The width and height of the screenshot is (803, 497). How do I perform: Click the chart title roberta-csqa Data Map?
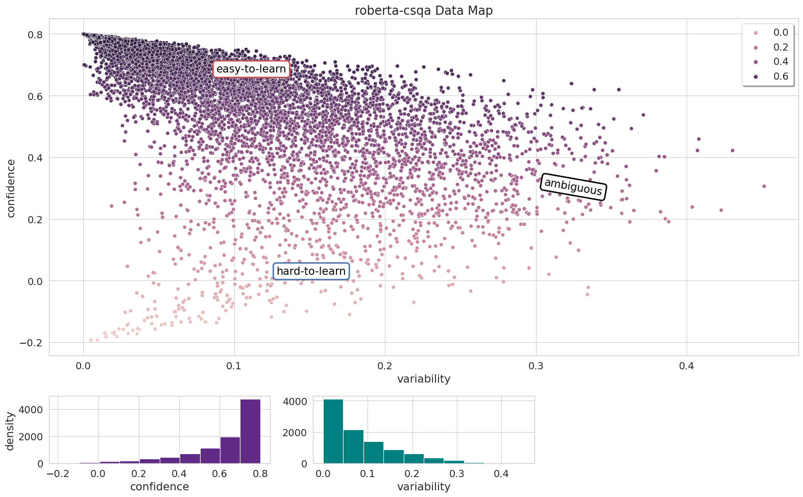pos(424,11)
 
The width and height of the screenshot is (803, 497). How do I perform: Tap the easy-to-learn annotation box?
pos(251,69)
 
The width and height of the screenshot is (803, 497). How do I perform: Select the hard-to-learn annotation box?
pos(311,271)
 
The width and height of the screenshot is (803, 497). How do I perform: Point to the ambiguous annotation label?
pos(573,187)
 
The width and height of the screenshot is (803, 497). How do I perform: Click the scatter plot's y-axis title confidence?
pos(11,188)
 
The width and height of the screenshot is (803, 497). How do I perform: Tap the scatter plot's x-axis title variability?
pos(424,379)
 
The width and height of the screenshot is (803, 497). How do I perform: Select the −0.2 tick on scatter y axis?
pos(31,343)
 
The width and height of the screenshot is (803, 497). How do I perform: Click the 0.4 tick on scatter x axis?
pos(687,366)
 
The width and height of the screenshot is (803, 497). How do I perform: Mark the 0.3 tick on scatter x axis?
pos(536,366)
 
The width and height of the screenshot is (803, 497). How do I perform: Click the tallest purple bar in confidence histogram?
pos(250,432)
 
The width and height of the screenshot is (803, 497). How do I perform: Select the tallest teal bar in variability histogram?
pos(333,432)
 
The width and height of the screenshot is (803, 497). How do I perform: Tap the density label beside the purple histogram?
pos(10,431)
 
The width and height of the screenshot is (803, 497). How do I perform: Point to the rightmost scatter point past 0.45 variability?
pos(764,186)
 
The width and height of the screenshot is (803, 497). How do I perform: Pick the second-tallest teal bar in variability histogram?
pos(353,447)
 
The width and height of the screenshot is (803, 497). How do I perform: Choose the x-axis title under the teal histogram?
pos(424,487)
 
